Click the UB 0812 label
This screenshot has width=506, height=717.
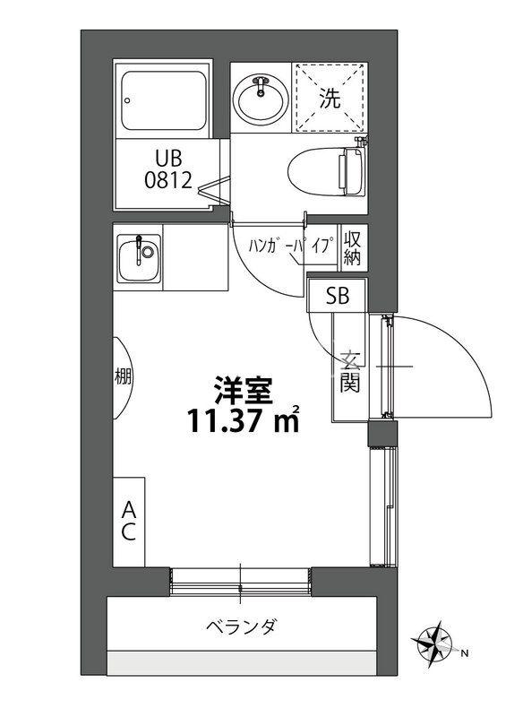pos(167,170)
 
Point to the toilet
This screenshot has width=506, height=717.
pos(326,168)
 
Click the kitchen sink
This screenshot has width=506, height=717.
pos(139,255)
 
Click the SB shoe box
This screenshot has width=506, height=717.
pos(337,295)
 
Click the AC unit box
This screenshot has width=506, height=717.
pos(129,521)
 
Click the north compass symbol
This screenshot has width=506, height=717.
pos(435,643)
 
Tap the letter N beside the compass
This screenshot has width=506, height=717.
pos(465,654)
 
